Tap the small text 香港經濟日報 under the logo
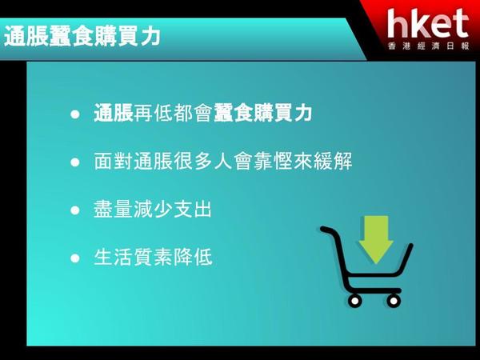[x=428, y=46]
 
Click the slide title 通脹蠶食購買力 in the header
[x=82, y=36]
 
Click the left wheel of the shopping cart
[x=354, y=301]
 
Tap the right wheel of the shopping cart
[x=394, y=301]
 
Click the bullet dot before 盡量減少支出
[x=75, y=210]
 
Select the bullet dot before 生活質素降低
[x=75, y=258]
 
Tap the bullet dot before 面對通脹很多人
[x=75, y=162]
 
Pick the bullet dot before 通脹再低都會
[x=75, y=114]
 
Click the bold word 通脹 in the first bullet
[x=114, y=113]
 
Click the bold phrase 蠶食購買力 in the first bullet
[x=262, y=113]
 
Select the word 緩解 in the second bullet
[x=333, y=161]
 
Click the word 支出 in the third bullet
[x=193, y=209]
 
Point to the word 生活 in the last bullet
[x=114, y=257]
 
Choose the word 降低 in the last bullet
[x=193, y=257]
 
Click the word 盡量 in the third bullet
[x=113, y=209]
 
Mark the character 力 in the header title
[x=151, y=36]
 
